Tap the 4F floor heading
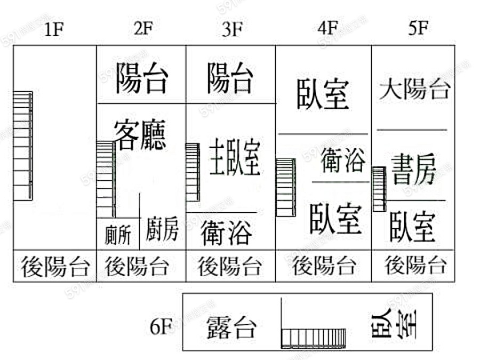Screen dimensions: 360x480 [327, 28]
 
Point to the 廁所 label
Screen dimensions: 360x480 [117, 235]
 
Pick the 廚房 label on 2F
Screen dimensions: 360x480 [162, 230]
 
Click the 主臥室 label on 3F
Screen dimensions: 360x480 [235, 158]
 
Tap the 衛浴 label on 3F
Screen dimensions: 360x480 [227, 233]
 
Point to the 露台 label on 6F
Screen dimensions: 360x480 [231, 327]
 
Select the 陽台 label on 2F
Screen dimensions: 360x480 [141, 78]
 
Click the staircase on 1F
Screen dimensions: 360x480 [23, 146]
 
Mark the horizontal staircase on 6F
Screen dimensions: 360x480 [314, 337]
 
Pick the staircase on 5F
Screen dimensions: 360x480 [379, 189]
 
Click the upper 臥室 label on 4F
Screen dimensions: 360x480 [323, 93]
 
